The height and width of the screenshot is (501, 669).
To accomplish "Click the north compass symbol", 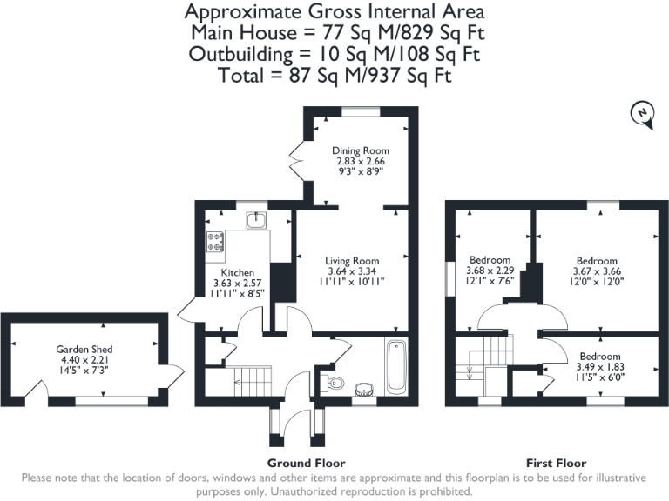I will [x=642, y=114].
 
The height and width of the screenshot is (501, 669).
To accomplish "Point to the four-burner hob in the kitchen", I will [x=214, y=243].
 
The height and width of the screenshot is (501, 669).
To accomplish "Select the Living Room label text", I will [x=352, y=260].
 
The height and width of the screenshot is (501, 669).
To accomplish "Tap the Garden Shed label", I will [x=85, y=349].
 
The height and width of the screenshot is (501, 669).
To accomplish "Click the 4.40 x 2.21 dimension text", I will [x=85, y=359].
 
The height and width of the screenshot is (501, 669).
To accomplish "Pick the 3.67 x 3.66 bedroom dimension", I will [x=597, y=271].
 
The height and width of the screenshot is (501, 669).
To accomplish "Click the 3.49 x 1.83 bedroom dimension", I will [x=600, y=367].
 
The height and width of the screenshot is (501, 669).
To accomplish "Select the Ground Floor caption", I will [x=306, y=463].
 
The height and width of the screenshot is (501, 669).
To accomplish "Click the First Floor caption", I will [x=556, y=463].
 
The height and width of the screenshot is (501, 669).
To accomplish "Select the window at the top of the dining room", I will [x=359, y=110].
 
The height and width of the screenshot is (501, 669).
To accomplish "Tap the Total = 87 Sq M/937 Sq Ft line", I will [x=334, y=75].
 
